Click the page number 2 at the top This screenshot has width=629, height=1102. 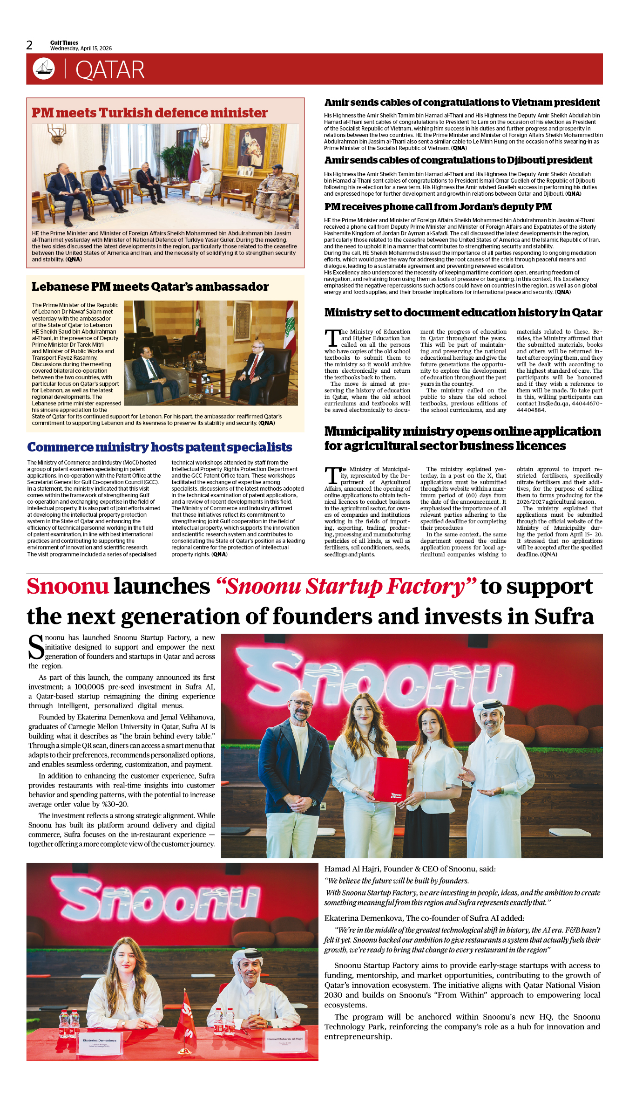[29, 45]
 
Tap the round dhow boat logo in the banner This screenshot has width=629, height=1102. [44, 68]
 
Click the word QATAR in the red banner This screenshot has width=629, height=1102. [110, 70]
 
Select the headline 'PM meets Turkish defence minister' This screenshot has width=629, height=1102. [149, 113]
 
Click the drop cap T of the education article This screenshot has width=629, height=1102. [332, 337]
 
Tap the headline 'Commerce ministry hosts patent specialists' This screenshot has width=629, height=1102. [160, 447]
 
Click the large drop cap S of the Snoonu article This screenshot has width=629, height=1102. [36, 647]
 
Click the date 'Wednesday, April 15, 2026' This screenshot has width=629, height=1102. [81, 48]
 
